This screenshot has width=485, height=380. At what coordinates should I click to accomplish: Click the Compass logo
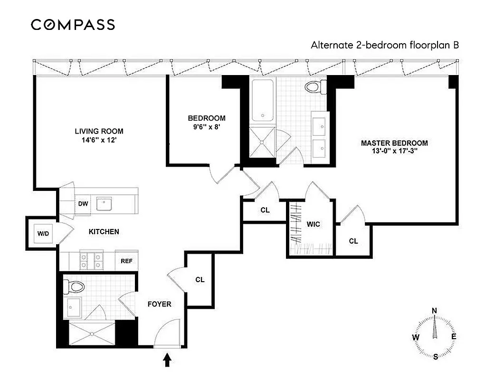click(73, 25)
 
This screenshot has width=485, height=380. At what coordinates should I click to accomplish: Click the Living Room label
click(99, 131)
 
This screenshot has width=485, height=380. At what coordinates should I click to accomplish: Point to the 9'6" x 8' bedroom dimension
click(206, 127)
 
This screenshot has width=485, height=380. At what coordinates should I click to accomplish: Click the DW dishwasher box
click(84, 204)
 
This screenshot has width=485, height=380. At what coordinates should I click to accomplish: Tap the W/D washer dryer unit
click(43, 233)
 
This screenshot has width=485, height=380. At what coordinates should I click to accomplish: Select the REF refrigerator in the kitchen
click(126, 260)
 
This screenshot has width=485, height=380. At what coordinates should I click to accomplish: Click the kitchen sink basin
click(104, 204)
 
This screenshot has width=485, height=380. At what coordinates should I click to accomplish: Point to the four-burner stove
click(91, 260)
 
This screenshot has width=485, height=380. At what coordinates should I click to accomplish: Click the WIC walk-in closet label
click(313, 223)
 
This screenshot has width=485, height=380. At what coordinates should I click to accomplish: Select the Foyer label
click(159, 304)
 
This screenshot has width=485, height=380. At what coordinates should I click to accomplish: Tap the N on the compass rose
click(434, 311)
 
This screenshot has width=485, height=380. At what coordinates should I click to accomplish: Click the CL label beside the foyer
click(200, 280)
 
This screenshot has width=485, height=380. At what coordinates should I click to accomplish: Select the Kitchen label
click(104, 232)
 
